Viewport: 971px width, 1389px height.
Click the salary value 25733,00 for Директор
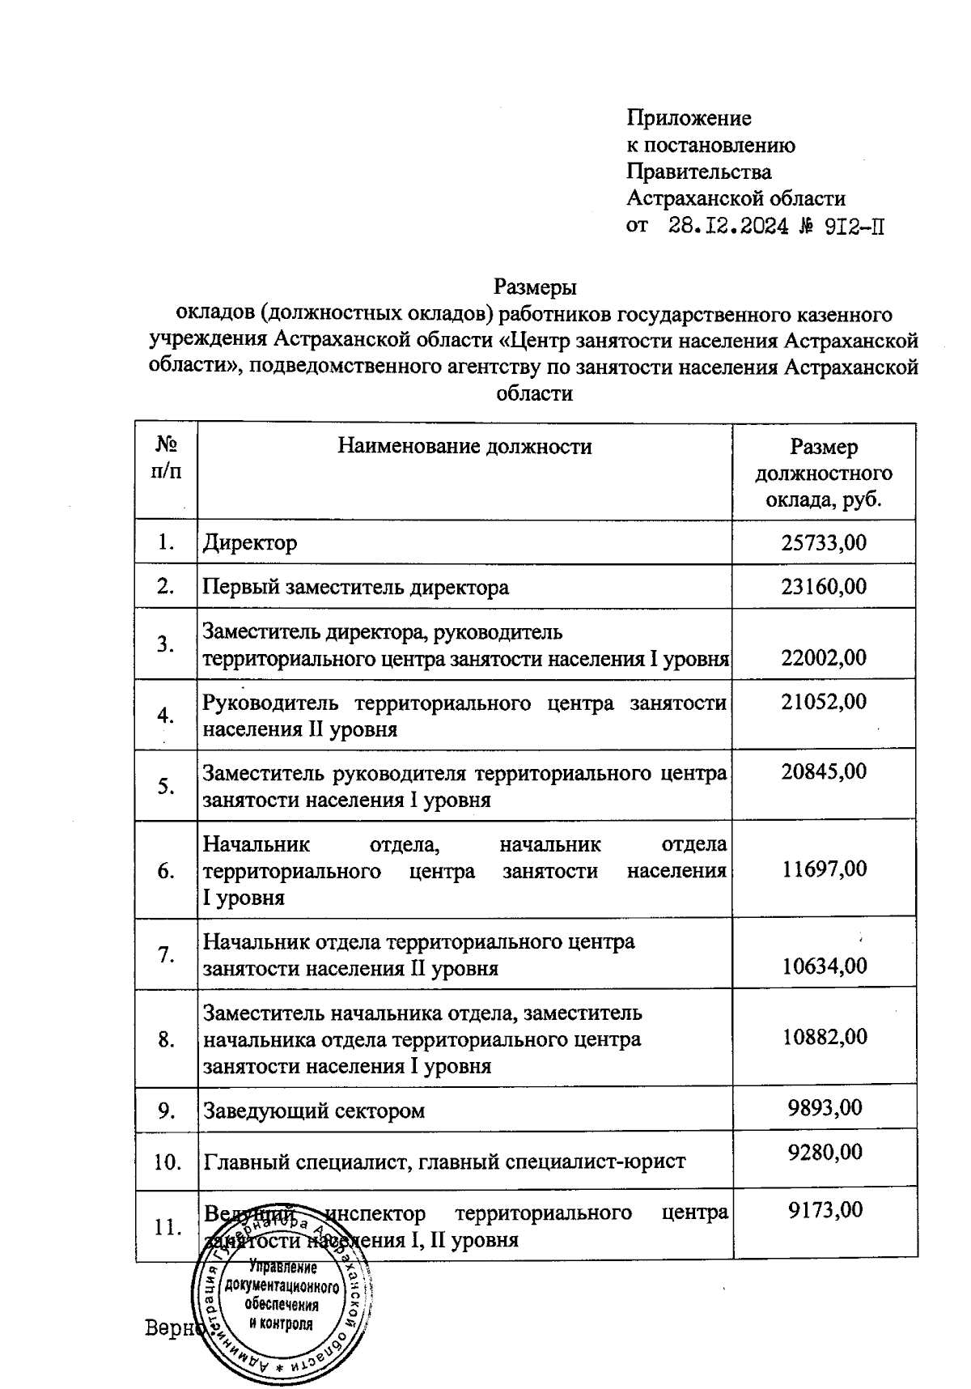[824, 542]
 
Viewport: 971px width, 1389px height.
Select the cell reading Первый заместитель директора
[355, 587]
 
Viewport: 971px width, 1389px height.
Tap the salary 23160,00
[824, 586]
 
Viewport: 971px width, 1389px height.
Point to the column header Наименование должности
[464, 446]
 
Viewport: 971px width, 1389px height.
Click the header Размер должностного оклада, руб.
[824, 473]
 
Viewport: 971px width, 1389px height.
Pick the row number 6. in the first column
[166, 870]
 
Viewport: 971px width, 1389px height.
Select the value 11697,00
[824, 869]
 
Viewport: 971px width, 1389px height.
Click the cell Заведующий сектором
[313, 1110]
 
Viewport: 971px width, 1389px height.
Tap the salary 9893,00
[825, 1107]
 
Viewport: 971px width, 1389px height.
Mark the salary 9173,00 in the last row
[825, 1209]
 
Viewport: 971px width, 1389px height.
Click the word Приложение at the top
[689, 118]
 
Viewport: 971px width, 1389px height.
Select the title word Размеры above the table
[534, 287]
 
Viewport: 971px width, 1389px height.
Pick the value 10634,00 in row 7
[824, 965]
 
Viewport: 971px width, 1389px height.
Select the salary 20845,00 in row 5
[824, 771]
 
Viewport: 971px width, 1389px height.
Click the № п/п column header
[166, 457]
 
